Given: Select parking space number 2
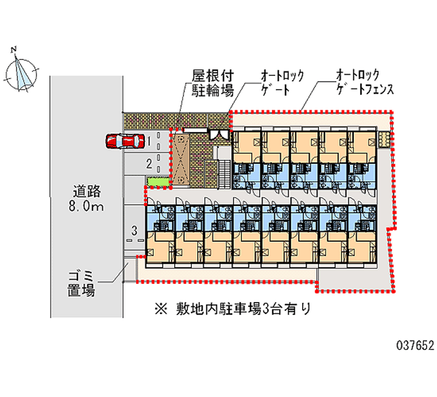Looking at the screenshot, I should tap(148, 163).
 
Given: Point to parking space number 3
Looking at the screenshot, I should tap(134, 229).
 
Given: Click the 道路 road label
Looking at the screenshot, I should tap(88, 192).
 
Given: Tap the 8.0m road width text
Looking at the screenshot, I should tap(88, 207).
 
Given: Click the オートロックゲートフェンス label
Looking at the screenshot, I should tap(363, 82).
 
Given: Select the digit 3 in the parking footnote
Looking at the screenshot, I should tap(265, 309).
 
